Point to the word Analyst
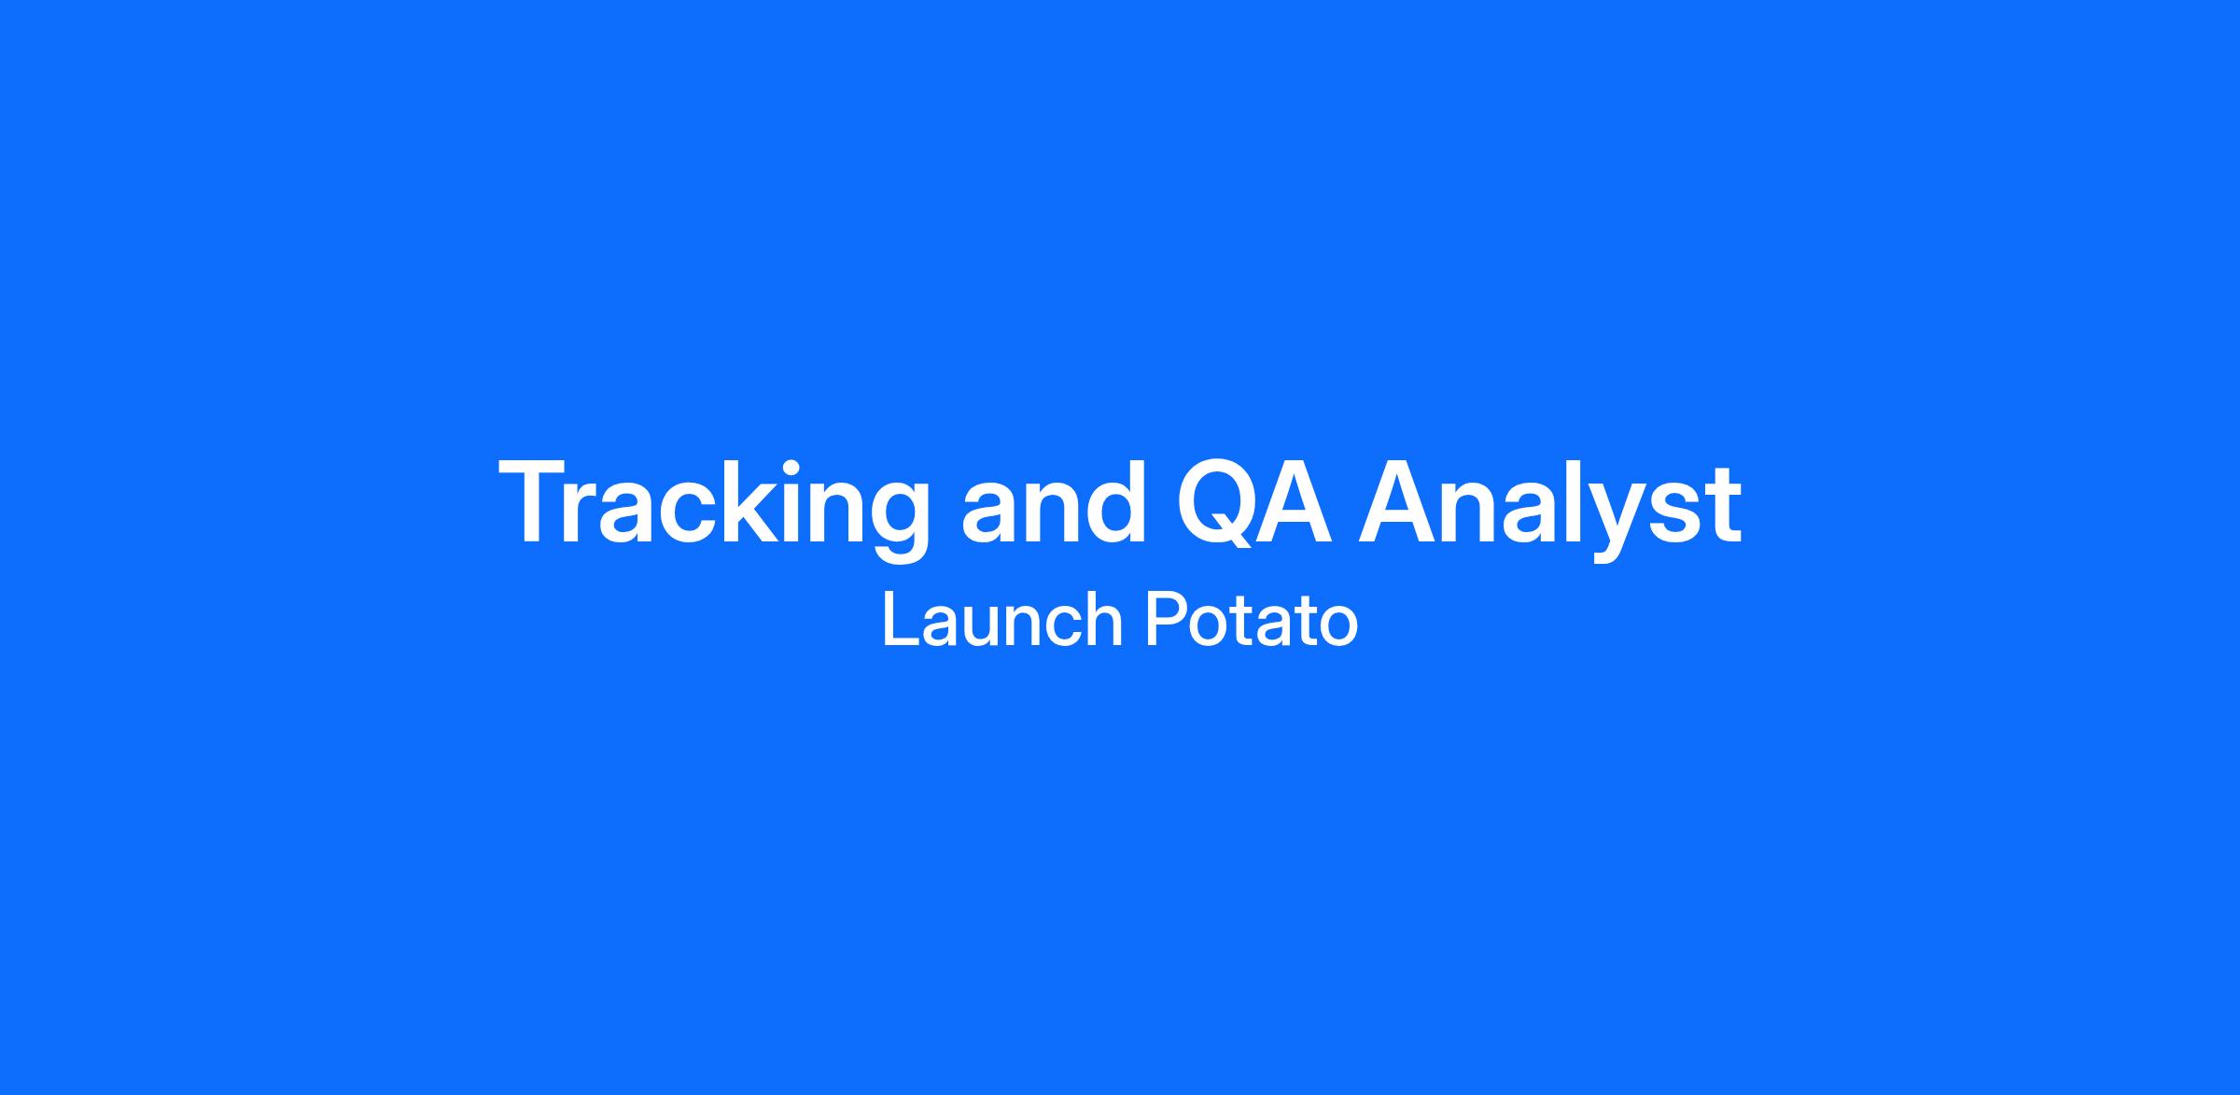[x=1550, y=509]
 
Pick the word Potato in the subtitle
[x=1252, y=620]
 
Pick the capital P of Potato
[x=1166, y=619]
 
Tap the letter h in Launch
[x=1102, y=618]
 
